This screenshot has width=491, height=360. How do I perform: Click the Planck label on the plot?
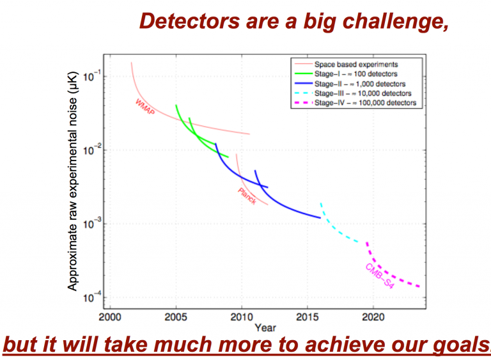pyautogui.click(x=247, y=196)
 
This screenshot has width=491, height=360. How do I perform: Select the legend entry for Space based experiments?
pyautogui.click(x=356, y=65)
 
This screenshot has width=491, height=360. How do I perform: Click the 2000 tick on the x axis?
pyautogui.click(x=110, y=317)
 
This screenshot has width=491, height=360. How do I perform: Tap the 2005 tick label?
pyautogui.click(x=176, y=317)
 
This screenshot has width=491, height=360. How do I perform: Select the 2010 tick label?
pyautogui.click(x=242, y=317)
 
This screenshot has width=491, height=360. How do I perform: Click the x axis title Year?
pyautogui.click(x=265, y=327)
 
